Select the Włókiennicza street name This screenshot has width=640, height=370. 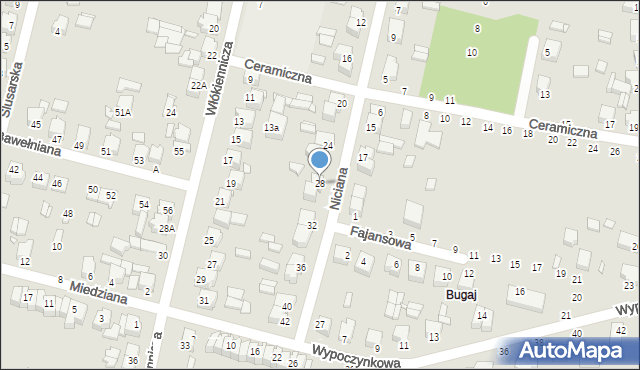point(220,78)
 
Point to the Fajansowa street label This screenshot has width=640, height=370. point(379,237)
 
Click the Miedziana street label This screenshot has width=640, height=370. point(100,297)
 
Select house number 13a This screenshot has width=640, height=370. point(271,128)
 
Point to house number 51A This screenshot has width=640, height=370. point(122,113)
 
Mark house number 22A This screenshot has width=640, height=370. point(198,86)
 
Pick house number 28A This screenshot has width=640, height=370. point(167,228)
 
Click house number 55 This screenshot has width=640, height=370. point(179,151)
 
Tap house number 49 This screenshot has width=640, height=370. point(79,146)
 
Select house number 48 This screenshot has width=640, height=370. point(68,213)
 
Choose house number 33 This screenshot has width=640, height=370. point(185,345)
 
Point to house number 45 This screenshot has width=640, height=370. point(36,124)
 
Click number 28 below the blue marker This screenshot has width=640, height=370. point(320,183)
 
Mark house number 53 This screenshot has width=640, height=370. point(139,160)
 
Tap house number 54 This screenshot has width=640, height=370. point(144,204)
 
